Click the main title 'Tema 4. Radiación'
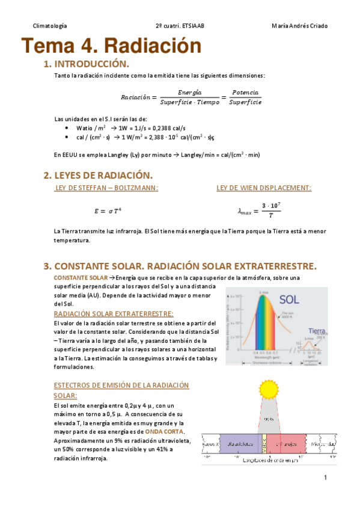[111, 46]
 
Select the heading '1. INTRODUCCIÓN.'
[86, 64]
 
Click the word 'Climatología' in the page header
[50, 26]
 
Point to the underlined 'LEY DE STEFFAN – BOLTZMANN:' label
[106, 188]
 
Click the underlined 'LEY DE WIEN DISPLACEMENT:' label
[264, 188]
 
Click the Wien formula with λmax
[259, 210]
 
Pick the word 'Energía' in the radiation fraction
[190, 92]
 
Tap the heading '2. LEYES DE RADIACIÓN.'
[98, 175]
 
